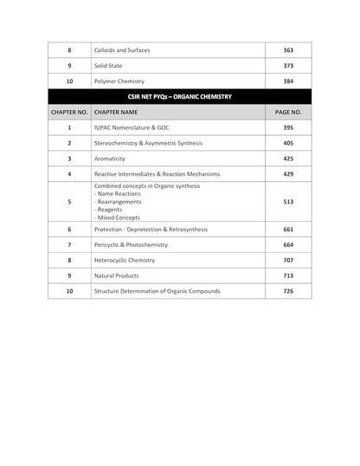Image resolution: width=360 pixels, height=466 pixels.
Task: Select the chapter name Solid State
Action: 112,66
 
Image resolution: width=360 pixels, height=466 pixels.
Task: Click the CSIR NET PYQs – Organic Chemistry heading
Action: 179,97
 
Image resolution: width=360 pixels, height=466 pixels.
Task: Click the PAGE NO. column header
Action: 287,112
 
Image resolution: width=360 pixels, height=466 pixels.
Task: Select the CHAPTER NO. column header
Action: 69,112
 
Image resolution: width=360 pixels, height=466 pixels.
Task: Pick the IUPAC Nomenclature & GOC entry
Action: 135,127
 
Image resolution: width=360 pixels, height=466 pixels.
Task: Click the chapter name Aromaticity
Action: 110,159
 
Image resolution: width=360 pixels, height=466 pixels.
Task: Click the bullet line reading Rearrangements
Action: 119,202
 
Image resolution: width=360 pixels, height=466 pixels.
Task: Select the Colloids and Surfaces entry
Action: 122,50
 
